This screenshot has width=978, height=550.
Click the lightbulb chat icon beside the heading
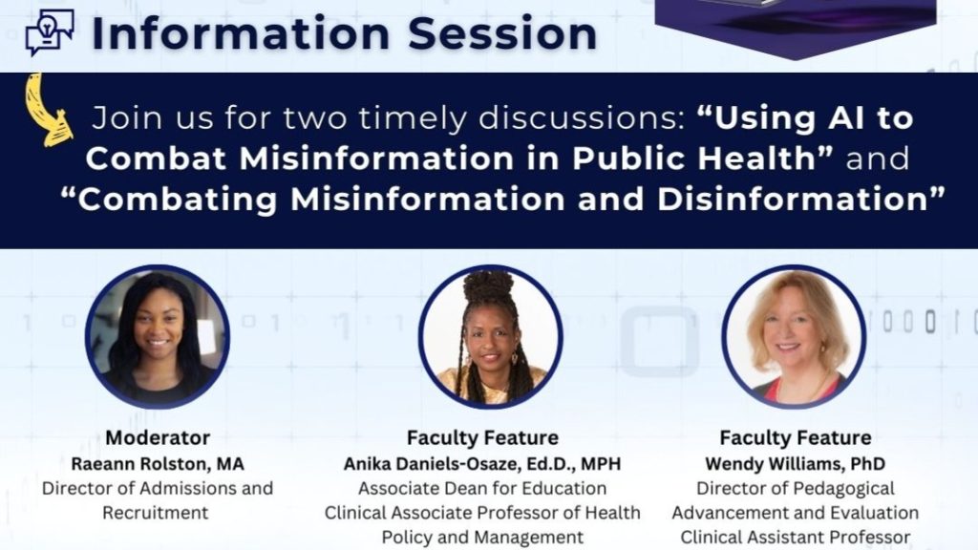(x=50, y=32)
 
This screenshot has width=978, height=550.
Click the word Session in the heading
(x=502, y=33)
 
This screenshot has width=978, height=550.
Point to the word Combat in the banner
(x=156, y=159)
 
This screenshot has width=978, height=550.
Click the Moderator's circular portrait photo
(x=158, y=337)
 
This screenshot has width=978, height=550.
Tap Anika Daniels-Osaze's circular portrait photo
(x=490, y=337)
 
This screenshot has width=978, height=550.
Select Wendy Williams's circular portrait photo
(x=794, y=337)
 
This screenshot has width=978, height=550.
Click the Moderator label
(x=158, y=437)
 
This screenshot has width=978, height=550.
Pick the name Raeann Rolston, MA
(x=158, y=464)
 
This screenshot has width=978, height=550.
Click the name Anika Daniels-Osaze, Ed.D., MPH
(x=482, y=464)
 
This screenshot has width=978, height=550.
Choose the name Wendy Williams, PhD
(x=796, y=464)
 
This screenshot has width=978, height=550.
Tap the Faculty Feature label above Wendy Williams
(x=796, y=437)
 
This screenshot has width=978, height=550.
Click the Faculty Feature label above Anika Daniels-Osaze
(x=482, y=437)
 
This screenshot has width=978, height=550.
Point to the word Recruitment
(x=156, y=513)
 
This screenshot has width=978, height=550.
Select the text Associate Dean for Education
(x=482, y=488)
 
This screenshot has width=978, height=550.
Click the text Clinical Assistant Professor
(x=796, y=537)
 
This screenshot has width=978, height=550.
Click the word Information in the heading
(x=241, y=33)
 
